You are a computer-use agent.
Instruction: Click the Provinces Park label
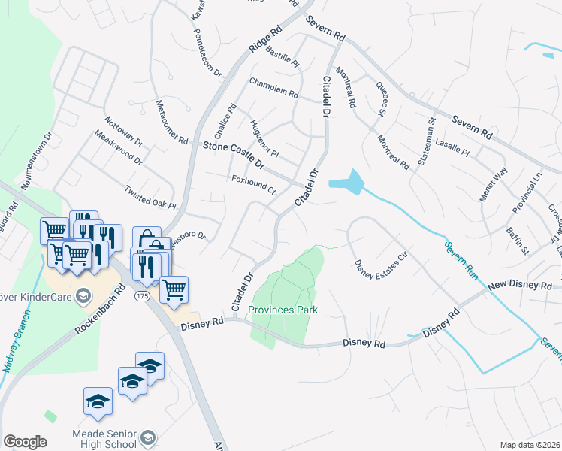(x=284, y=310)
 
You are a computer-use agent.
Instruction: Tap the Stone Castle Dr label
(x=234, y=154)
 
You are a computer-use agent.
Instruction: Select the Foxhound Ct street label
(x=254, y=184)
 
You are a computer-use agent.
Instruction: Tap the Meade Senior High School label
(x=113, y=440)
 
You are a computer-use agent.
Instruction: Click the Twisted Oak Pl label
(x=150, y=198)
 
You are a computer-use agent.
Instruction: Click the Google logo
(x=25, y=442)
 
